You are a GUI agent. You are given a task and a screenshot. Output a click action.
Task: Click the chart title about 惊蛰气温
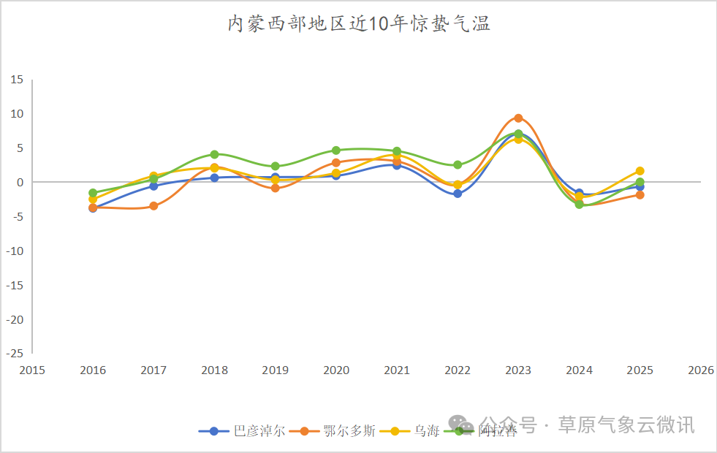point(358,24)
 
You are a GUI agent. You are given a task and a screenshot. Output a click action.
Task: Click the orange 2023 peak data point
point(518,118)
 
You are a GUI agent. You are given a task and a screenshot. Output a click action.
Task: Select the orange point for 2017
point(153,206)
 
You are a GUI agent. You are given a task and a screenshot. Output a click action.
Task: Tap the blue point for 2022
point(458,194)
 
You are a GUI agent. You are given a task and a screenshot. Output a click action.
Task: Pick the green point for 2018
point(214,154)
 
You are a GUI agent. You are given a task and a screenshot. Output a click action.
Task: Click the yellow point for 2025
point(640,171)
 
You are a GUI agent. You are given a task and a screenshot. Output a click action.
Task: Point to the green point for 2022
point(458,165)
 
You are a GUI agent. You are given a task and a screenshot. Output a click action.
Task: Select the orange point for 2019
point(275,189)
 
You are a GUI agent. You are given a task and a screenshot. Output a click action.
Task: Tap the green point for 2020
point(336,151)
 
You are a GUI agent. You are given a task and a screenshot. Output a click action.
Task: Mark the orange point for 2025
point(640,195)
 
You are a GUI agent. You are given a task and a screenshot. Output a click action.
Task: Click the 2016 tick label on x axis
point(93,370)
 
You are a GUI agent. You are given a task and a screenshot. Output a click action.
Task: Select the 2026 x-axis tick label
point(700,370)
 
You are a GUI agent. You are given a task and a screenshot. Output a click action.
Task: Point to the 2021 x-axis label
point(397,370)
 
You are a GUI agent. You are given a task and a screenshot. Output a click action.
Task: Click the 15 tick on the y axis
point(16,80)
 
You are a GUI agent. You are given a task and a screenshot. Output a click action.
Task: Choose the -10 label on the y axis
point(14,251)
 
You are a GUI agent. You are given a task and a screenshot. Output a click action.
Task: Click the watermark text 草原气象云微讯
point(626,425)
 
